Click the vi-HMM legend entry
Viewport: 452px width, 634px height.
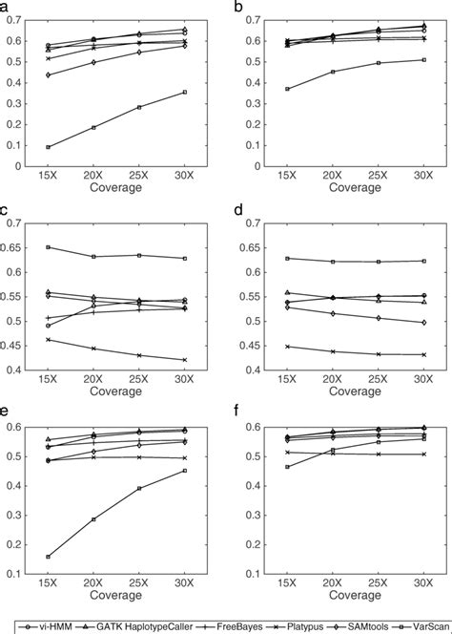tap(46, 625)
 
